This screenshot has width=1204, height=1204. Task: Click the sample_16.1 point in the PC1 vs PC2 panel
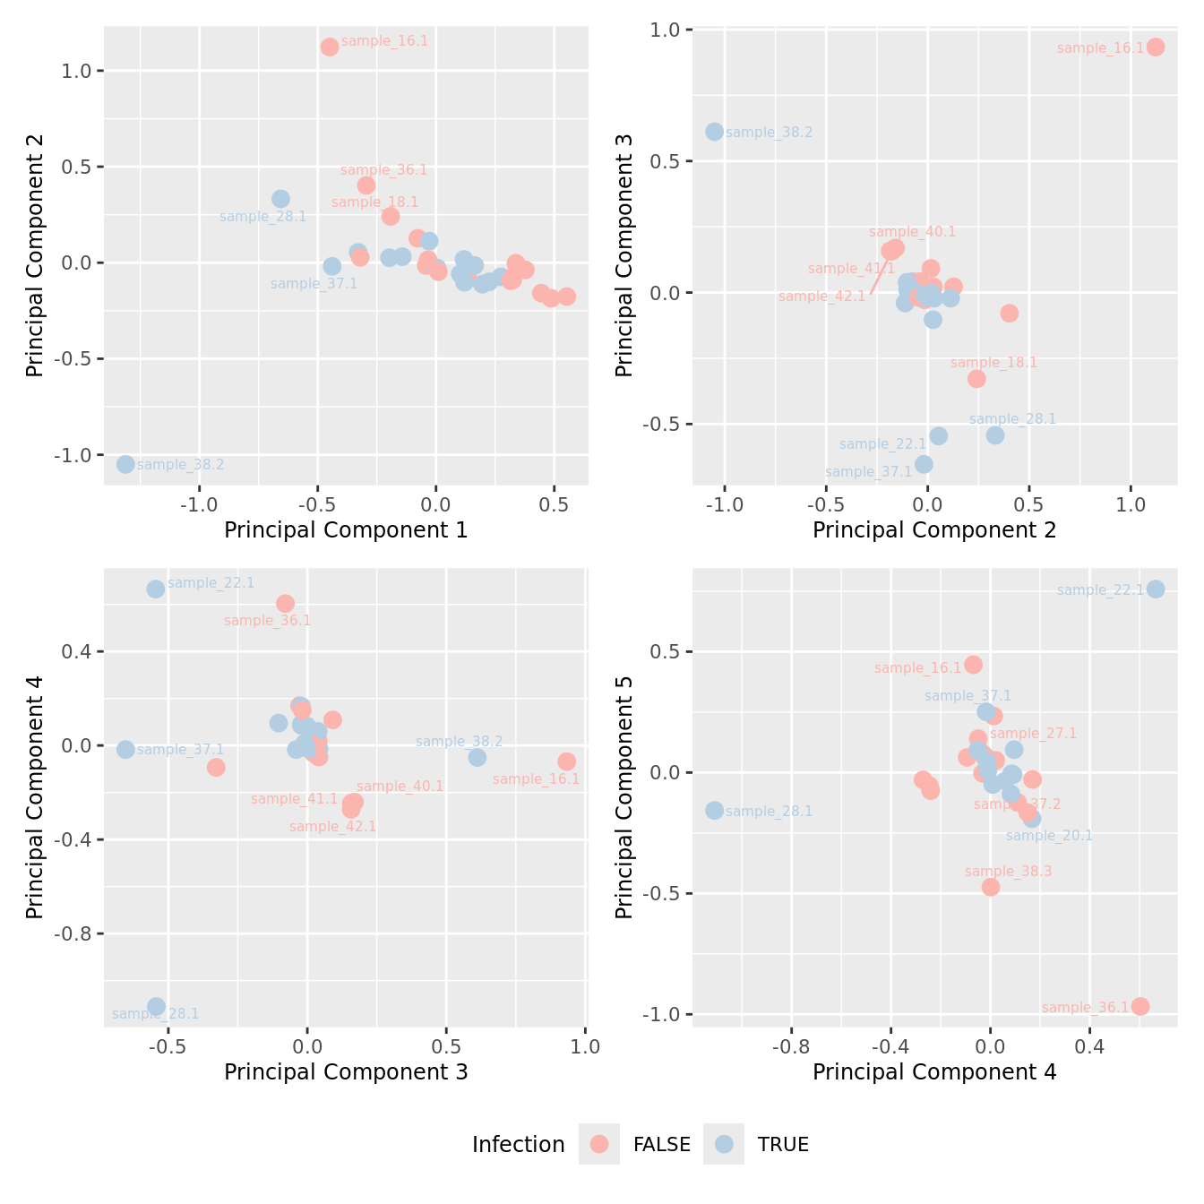330,47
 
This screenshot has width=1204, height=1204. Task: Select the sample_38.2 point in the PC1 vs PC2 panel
125,464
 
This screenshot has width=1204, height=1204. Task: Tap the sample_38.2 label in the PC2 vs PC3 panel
769,133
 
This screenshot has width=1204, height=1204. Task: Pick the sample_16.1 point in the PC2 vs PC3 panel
1156,47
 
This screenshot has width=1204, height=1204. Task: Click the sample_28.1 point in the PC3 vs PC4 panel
156,1006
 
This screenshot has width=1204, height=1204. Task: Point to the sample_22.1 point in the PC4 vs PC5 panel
1156,589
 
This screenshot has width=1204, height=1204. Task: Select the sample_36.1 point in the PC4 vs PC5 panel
1140,1006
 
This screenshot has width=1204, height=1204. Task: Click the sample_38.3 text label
1008,872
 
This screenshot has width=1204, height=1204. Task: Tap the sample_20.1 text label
1049,836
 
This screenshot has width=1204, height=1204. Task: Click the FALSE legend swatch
599,1144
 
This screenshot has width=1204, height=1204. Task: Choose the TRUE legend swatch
724,1144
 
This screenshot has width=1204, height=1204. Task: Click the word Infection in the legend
518,1145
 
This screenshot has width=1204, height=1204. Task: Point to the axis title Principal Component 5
624,796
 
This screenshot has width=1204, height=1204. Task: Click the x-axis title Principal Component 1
346,530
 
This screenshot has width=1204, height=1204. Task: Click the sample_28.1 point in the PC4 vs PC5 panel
714,810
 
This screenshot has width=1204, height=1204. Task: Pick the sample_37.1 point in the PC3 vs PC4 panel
125,749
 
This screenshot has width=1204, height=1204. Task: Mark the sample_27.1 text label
1033,734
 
